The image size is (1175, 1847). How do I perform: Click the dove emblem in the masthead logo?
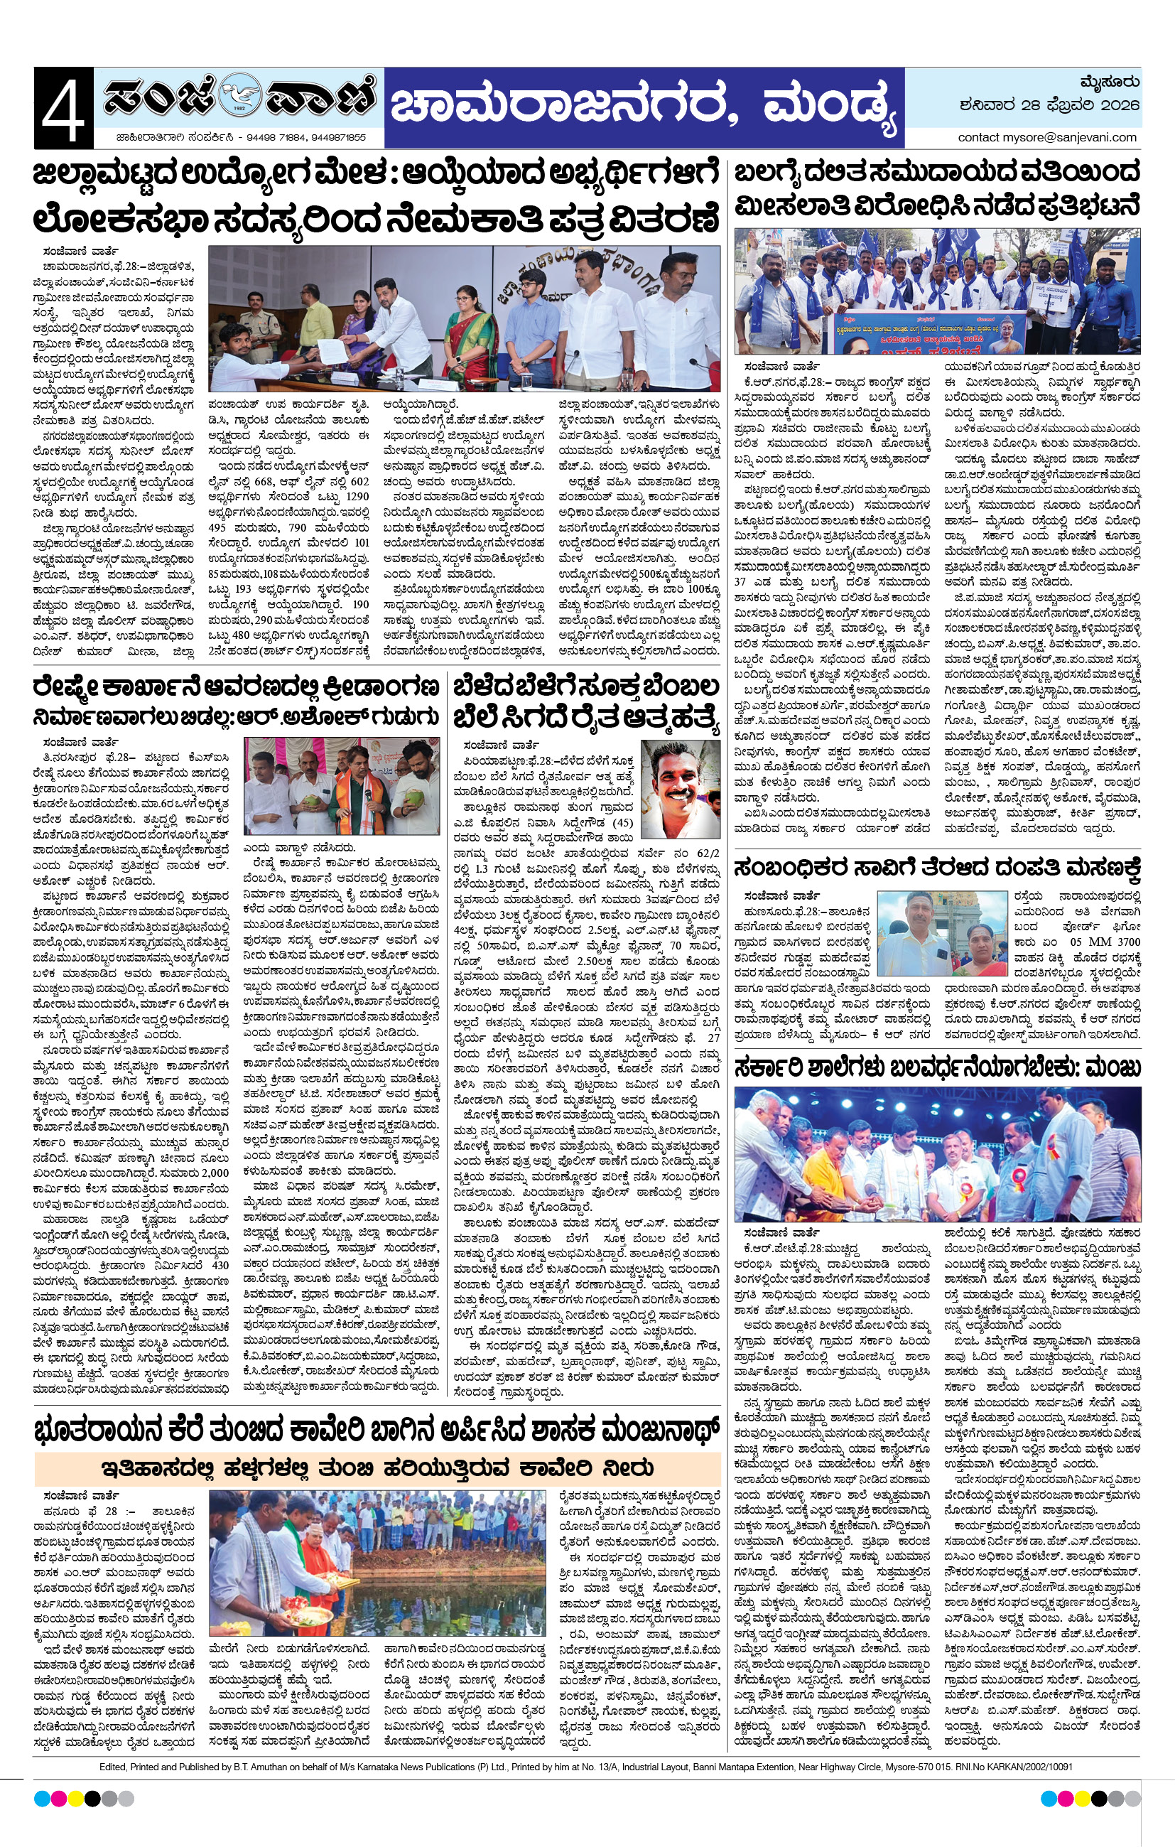(239, 99)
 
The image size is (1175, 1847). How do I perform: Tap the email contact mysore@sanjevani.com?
(1047, 137)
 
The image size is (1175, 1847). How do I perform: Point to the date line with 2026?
(1049, 105)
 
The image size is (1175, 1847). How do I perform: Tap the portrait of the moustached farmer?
(681, 789)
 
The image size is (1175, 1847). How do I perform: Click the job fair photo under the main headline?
(464, 318)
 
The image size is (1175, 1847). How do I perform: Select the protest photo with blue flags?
(936, 290)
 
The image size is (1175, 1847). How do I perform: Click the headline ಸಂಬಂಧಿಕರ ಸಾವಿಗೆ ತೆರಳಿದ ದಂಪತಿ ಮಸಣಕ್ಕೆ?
(936, 868)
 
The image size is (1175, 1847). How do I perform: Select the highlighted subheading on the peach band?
(377, 1468)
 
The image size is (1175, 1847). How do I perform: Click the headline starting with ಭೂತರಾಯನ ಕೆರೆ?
(377, 1431)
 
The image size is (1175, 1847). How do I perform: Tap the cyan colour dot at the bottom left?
(41, 1799)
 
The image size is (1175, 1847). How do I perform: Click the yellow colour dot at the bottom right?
(1082, 1799)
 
